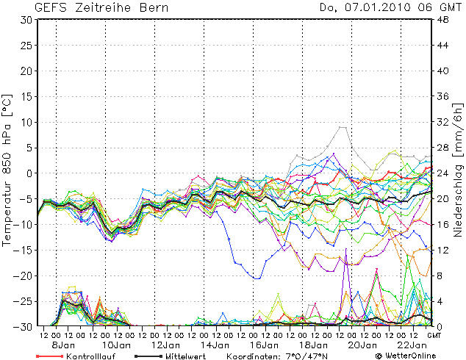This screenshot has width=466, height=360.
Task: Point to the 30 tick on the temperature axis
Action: (25, 20)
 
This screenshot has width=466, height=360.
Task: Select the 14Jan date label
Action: (213, 345)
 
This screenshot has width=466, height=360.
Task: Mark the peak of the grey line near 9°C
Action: (342, 127)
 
